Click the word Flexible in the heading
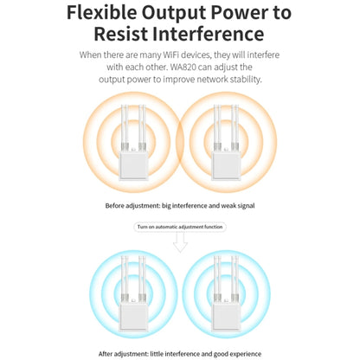102,13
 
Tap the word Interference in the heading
208,34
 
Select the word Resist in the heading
121,34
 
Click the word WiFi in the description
172,55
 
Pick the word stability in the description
246,80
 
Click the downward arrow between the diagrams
180,242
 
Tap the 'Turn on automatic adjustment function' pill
180,227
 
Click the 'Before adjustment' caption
180,206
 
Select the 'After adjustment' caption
180,354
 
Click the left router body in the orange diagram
133,166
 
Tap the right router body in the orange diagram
226,166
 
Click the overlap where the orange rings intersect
180,142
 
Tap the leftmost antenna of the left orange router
123,127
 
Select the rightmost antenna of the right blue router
237,278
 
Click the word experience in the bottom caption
245,354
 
